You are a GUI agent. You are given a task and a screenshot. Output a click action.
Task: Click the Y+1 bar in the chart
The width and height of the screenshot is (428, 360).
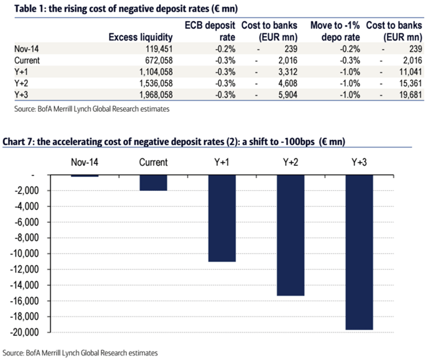[222, 218]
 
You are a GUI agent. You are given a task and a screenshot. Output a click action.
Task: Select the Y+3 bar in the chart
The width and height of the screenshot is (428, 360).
[359, 252]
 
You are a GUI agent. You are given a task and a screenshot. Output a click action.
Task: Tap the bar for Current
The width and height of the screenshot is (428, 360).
[154, 183]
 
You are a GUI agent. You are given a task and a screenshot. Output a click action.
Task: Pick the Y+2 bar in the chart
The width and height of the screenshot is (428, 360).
[291, 235]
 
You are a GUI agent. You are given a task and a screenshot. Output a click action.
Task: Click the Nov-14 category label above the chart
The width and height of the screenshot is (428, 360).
[85, 162]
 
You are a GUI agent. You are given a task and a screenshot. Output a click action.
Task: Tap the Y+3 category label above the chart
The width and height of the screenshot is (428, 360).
[359, 162]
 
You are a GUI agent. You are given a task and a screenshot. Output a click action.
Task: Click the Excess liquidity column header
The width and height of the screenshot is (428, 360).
[141, 37]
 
